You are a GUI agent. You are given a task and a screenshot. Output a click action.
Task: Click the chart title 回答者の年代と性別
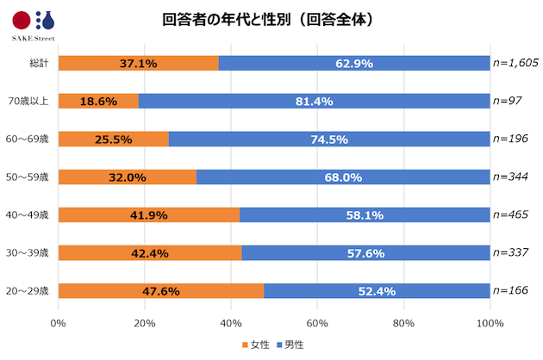pyautogui.click(x=268, y=19)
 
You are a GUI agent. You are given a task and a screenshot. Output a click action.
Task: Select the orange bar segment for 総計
pyautogui.click(x=138, y=63)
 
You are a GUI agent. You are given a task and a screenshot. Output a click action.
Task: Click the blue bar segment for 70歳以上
pyautogui.click(x=314, y=101)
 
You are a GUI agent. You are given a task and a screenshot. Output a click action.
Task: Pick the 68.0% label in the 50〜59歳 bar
pyautogui.click(x=343, y=177)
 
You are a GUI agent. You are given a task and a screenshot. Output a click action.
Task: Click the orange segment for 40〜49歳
pyautogui.click(x=148, y=214)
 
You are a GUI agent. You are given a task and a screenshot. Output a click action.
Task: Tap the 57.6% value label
pyautogui.click(x=365, y=252)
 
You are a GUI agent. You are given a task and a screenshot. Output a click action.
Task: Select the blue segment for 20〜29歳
pyautogui.click(x=377, y=290)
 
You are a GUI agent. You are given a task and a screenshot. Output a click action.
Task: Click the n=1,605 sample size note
pyautogui.click(x=515, y=63)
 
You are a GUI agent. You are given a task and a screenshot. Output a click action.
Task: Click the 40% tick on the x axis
pyautogui.click(x=231, y=323)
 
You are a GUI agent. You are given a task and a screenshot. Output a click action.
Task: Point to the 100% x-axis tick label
pyautogui.click(x=490, y=323)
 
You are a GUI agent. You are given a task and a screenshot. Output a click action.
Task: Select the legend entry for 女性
pyautogui.click(x=255, y=344)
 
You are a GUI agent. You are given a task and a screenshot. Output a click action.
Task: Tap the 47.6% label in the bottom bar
pyautogui.click(x=159, y=291)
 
